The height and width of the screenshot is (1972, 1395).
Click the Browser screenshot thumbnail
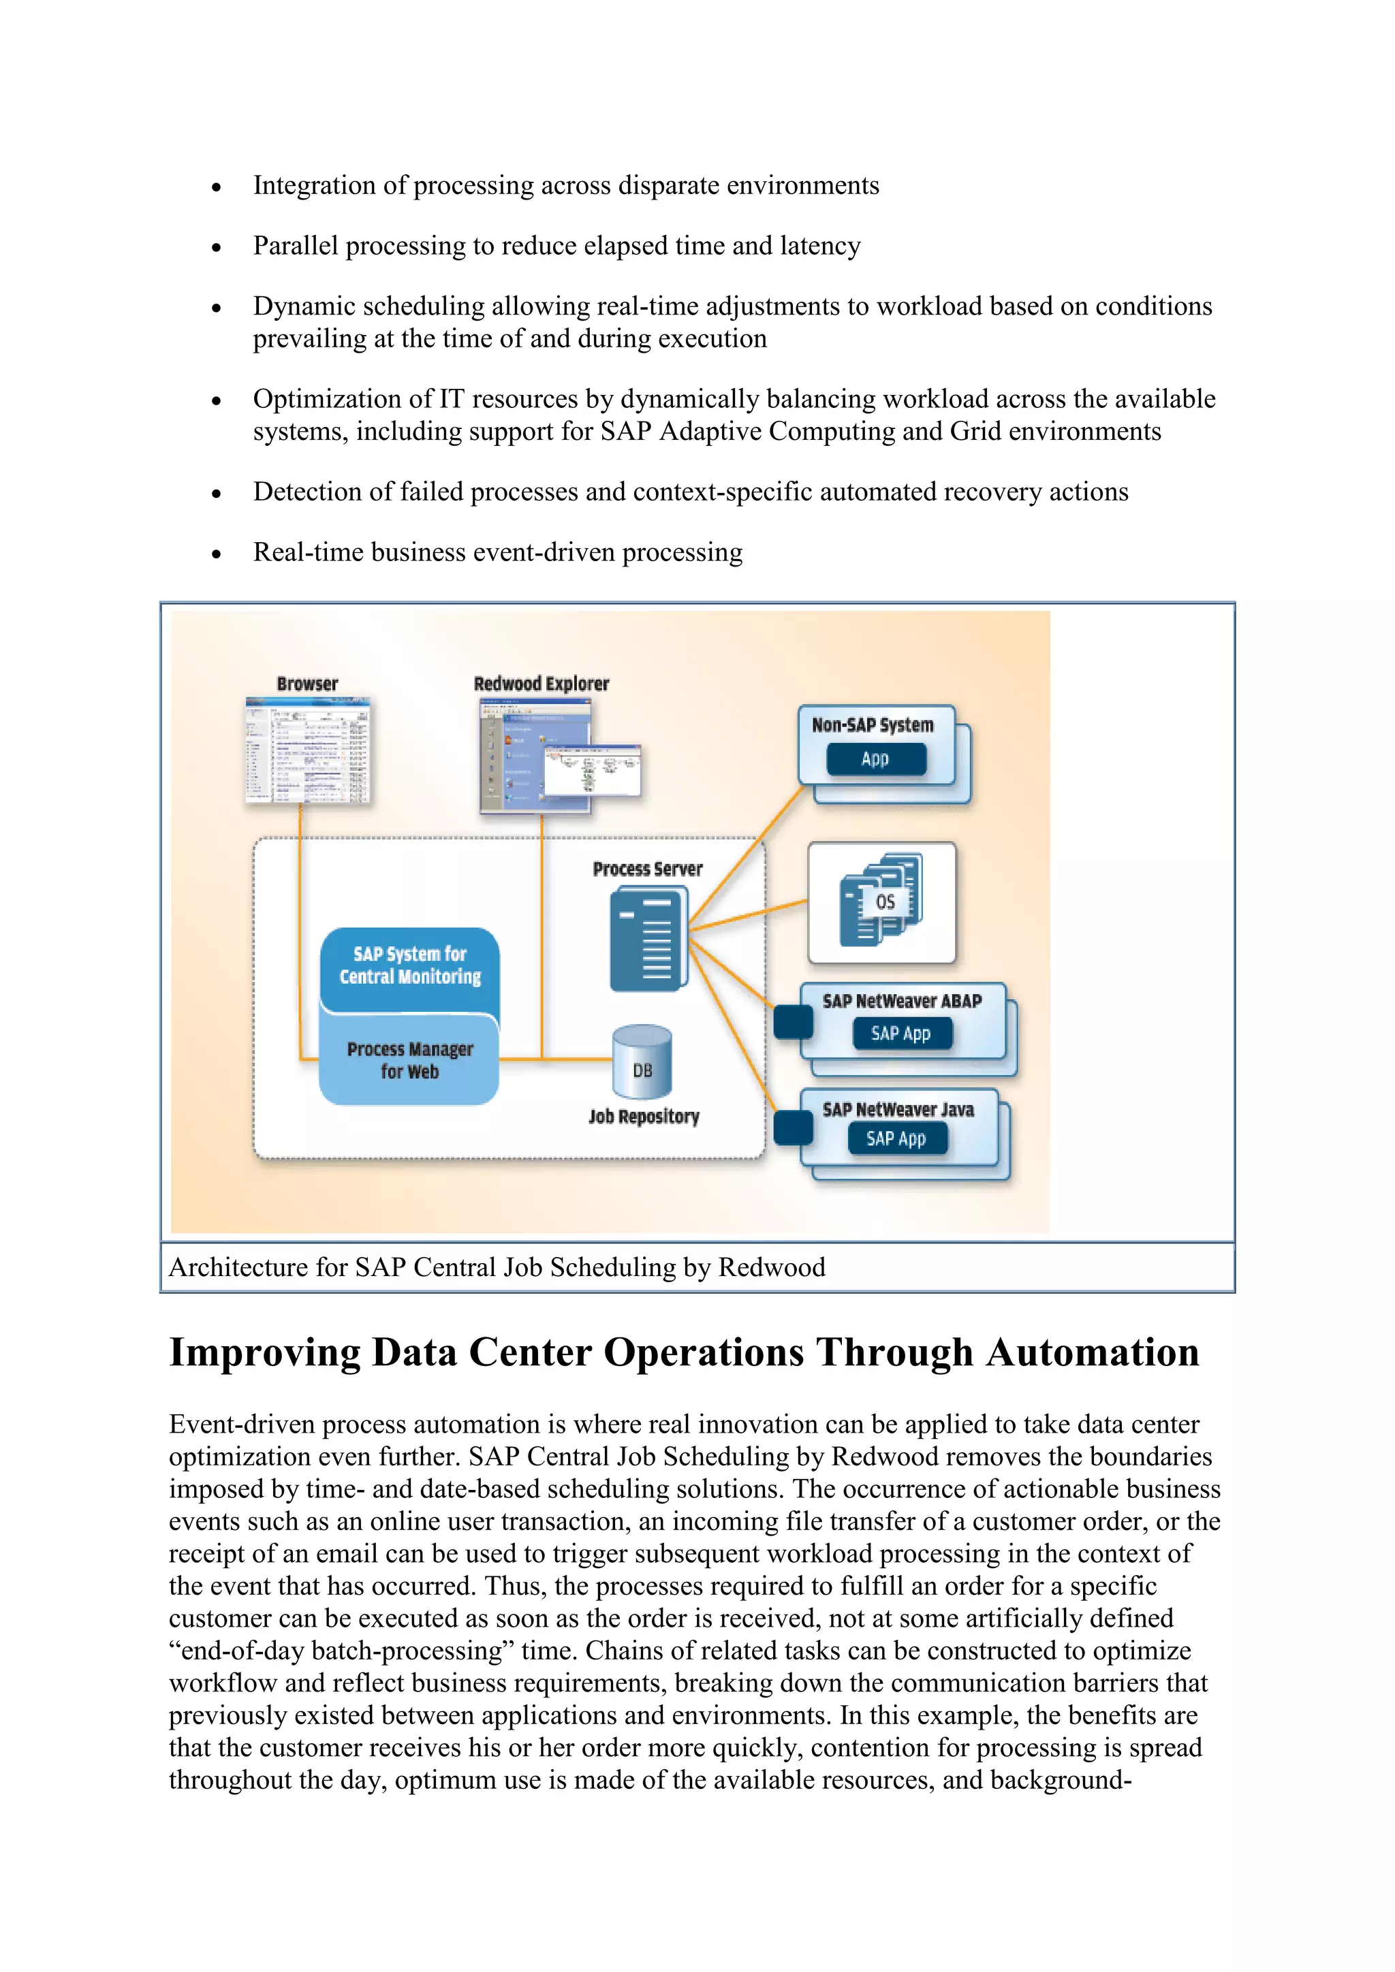tap(307, 750)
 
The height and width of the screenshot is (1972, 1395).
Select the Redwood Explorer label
tap(541, 684)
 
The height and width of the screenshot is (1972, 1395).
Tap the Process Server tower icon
tap(648, 940)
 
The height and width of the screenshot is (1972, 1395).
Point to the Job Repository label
tap(644, 1117)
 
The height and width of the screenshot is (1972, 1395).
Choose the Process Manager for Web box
tap(410, 1061)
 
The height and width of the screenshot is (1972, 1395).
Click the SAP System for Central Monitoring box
tap(410, 966)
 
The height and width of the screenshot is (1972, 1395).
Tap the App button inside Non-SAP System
tap(875, 759)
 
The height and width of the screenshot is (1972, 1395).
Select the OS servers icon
tap(881, 901)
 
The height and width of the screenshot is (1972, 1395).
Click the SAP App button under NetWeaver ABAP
tap(901, 1033)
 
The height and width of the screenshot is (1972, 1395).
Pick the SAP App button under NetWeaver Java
tap(896, 1139)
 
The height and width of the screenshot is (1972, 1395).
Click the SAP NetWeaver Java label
tap(898, 1110)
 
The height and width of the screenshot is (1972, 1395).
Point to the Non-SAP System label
tap(872, 725)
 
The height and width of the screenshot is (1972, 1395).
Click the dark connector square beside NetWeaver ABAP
tap(793, 1021)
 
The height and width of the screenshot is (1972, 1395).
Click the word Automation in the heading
tap(1092, 1353)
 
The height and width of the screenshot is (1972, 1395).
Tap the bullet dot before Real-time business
tap(217, 555)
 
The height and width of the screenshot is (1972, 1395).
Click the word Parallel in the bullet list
tap(296, 246)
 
